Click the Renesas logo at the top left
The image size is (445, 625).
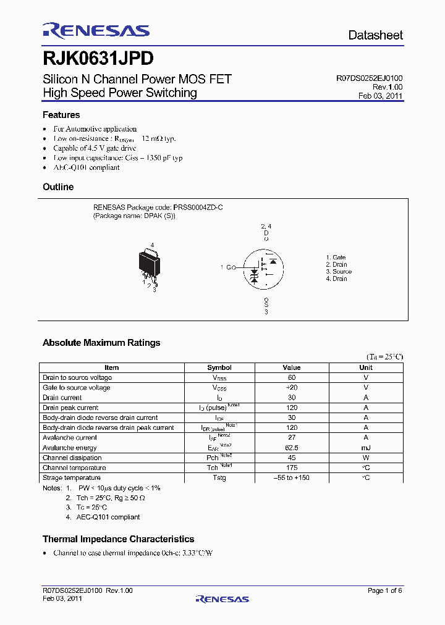click(x=96, y=31)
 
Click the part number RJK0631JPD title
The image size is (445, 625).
click(x=98, y=59)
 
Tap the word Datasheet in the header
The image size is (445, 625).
click(x=375, y=35)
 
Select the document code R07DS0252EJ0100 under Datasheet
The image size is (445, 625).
click(x=370, y=78)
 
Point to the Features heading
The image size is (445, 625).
click(x=61, y=115)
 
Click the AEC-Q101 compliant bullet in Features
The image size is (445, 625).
click(x=87, y=167)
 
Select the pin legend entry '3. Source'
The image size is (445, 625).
click(x=339, y=272)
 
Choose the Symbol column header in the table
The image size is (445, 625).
click(x=219, y=367)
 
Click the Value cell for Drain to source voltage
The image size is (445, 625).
click(x=292, y=377)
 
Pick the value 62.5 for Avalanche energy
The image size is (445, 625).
click(x=292, y=448)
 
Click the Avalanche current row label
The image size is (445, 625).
click(x=70, y=437)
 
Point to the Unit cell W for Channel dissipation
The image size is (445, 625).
click(x=366, y=458)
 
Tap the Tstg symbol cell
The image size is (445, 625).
click(x=219, y=477)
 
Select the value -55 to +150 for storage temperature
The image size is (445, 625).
click(x=292, y=477)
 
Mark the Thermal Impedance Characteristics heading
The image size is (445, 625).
click(x=118, y=539)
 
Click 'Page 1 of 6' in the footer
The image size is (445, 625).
click(x=385, y=591)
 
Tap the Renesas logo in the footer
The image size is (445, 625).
click(x=222, y=598)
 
